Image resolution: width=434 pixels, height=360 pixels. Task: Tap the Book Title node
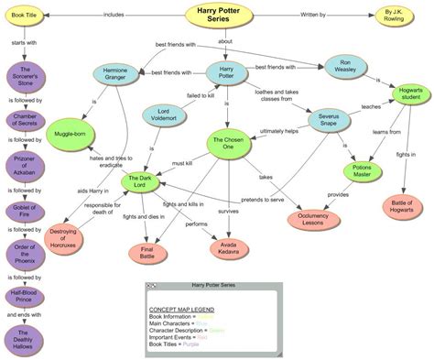point(24,16)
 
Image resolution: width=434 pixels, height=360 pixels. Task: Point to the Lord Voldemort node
point(159,116)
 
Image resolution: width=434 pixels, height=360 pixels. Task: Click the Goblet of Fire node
point(24,211)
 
